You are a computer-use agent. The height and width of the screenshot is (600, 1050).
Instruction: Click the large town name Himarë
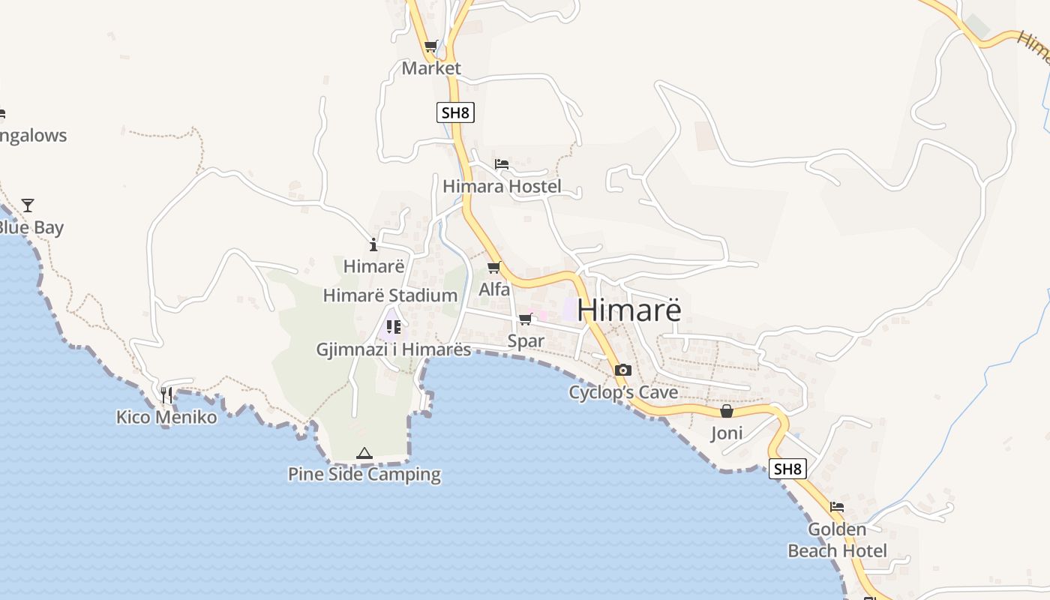[629, 310]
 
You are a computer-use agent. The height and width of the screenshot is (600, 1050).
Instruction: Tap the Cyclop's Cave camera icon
[622, 370]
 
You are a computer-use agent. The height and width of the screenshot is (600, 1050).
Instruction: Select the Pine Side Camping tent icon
[364, 453]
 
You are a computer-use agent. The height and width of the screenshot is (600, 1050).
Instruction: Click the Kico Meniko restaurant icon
[166, 394]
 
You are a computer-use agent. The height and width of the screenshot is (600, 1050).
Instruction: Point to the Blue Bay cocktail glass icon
[28, 205]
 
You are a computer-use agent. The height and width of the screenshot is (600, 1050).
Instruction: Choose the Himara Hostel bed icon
[502, 164]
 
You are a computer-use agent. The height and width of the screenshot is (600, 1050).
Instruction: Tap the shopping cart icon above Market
[430, 46]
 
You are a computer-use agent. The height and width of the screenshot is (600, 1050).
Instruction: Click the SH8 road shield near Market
[455, 113]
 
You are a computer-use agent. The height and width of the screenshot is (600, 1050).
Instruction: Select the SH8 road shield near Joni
[787, 469]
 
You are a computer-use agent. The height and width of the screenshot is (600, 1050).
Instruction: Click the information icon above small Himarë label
[373, 244]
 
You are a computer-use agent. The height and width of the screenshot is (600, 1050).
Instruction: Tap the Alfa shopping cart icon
[493, 268]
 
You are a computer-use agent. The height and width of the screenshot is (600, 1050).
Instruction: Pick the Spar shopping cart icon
[525, 319]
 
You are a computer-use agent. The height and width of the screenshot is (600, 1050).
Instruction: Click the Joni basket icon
[726, 411]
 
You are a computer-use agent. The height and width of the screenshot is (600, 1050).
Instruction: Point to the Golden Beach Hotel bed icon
[837, 507]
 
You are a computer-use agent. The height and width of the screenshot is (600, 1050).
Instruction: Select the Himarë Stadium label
[390, 295]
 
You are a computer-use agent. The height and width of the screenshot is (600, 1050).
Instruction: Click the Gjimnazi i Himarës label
[394, 349]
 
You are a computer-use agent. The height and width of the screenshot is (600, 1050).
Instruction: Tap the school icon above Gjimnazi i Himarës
[393, 326]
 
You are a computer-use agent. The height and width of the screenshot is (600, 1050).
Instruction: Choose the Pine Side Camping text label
[364, 474]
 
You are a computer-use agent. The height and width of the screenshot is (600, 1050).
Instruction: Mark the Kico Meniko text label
[166, 417]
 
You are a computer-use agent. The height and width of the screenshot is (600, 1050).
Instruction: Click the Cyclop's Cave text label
[623, 392]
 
